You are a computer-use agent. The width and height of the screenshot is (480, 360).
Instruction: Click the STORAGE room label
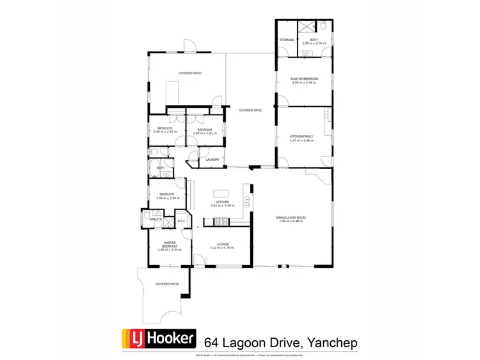coord(287,40)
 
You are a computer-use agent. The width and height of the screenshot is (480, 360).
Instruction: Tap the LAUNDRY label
coord(213,160)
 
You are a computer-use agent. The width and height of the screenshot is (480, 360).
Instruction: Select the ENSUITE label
coord(156,220)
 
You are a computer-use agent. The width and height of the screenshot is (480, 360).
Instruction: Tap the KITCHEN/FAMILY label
coord(301,136)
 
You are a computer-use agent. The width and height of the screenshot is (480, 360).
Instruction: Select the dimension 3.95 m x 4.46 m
coord(304,83)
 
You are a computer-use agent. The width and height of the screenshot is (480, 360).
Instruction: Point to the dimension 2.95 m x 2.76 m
coord(314,44)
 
